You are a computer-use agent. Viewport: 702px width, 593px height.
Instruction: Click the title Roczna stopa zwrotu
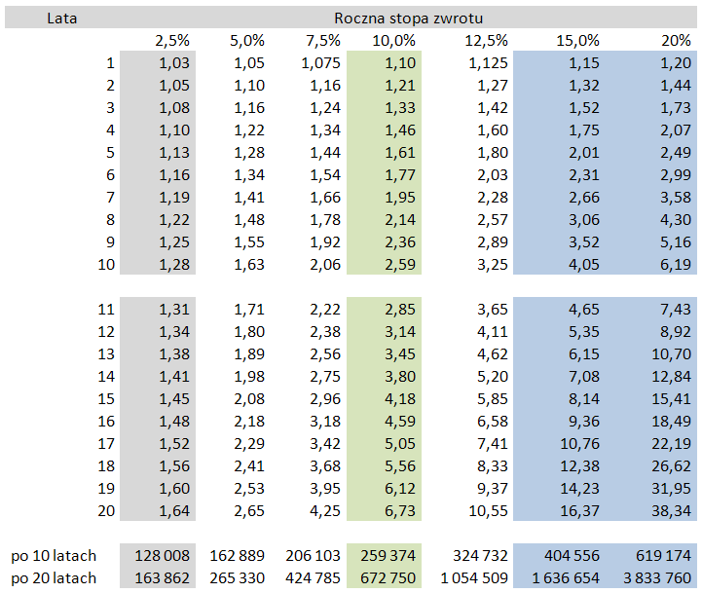(x=408, y=19)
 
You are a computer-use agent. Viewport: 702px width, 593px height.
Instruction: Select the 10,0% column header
(x=393, y=41)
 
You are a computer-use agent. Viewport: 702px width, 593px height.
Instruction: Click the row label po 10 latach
(x=55, y=556)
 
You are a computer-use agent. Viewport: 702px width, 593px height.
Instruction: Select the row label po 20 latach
(x=55, y=578)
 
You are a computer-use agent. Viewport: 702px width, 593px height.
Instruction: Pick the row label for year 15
(x=106, y=398)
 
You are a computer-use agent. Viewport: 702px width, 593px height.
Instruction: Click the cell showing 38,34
(x=671, y=510)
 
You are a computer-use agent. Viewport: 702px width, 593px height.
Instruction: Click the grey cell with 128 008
(x=160, y=556)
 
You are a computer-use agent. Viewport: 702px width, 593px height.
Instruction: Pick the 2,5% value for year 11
(x=174, y=309)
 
